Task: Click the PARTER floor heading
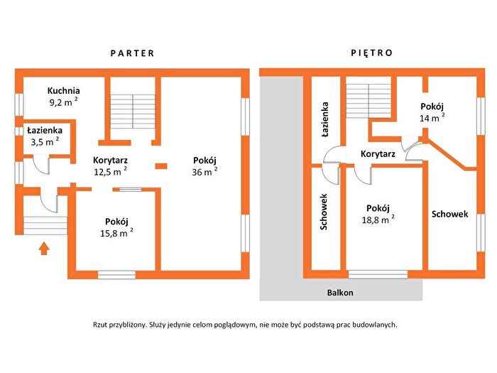(x=132, y=53)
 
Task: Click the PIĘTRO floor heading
(x=372, y=53)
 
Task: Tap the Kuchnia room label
(x=63, y=91)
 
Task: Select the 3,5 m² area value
(x=45, y=141)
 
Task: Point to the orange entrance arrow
(x=44, y=249)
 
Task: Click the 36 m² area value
(x=204, y=172)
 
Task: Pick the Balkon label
(x=340, y=293)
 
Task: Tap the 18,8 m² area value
(x=378, y=220)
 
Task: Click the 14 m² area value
(x=432, y=118)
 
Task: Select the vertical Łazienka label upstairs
(x=324, y=119)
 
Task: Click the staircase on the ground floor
(x=133, y=112)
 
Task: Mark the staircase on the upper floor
(x=368, y=101)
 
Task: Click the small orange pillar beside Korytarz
(x=161, y=166)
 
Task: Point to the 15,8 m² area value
(x=116, y=233)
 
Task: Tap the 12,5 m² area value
(x=110, y=172)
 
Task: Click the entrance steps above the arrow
(x=45, y=225)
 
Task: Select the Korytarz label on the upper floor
(x=378, y=154)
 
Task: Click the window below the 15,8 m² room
(x=116, y=275)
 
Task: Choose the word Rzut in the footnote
(x=100, y=325)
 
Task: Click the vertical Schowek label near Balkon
(x=324, y=212)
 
